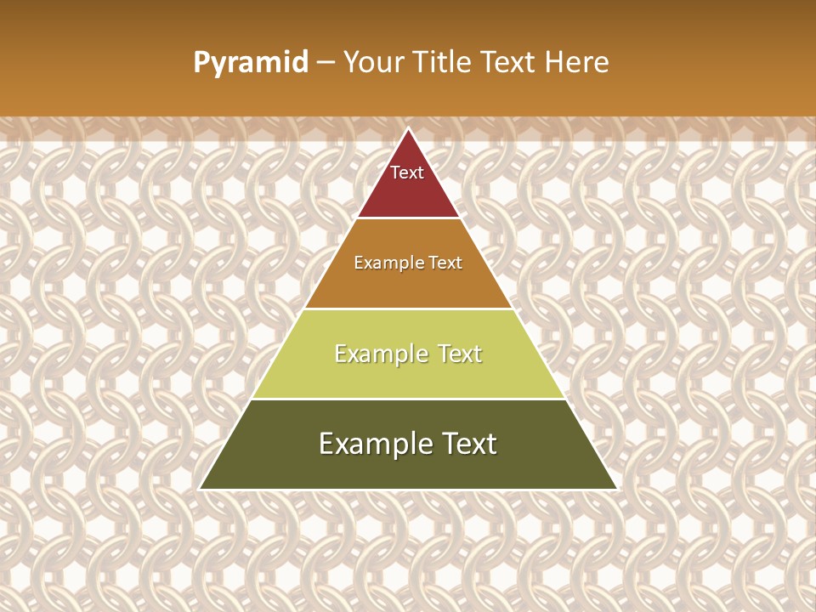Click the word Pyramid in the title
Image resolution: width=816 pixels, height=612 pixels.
251,63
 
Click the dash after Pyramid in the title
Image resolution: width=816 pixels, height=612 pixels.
326,63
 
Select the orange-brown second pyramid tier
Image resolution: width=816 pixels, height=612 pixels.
408,285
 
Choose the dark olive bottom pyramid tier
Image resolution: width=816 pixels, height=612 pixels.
408,467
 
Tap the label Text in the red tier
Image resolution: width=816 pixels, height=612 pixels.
407,173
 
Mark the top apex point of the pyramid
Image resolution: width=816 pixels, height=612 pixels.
409,129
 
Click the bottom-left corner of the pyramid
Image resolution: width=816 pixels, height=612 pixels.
201,489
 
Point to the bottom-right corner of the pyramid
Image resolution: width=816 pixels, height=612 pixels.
616,489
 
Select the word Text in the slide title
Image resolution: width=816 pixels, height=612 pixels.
508,62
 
